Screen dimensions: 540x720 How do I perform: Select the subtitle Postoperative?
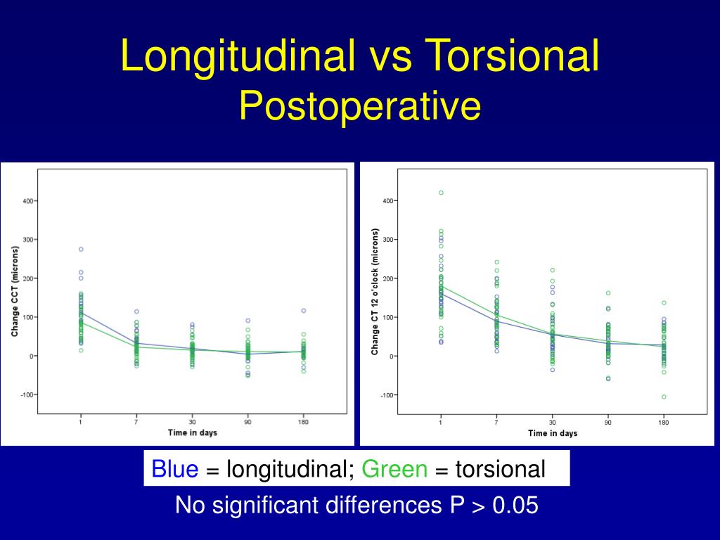360,106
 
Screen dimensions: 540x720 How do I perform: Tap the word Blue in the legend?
175,469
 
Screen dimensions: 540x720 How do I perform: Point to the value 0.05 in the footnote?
516,506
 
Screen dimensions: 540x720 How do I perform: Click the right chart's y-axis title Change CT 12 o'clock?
375,291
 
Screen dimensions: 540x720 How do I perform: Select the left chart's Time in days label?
192,432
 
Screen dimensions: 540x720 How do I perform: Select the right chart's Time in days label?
552,433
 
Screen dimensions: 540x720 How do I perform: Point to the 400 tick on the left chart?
28,201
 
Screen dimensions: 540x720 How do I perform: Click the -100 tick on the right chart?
387,395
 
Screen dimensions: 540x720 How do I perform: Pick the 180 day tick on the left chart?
303,422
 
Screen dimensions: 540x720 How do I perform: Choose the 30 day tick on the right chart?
552,423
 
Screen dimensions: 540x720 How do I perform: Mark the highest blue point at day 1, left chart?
81,249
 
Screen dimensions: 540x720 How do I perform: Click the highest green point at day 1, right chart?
441,193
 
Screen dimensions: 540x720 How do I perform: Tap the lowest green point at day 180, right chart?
664,397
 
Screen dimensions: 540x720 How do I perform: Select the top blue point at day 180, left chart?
304,310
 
